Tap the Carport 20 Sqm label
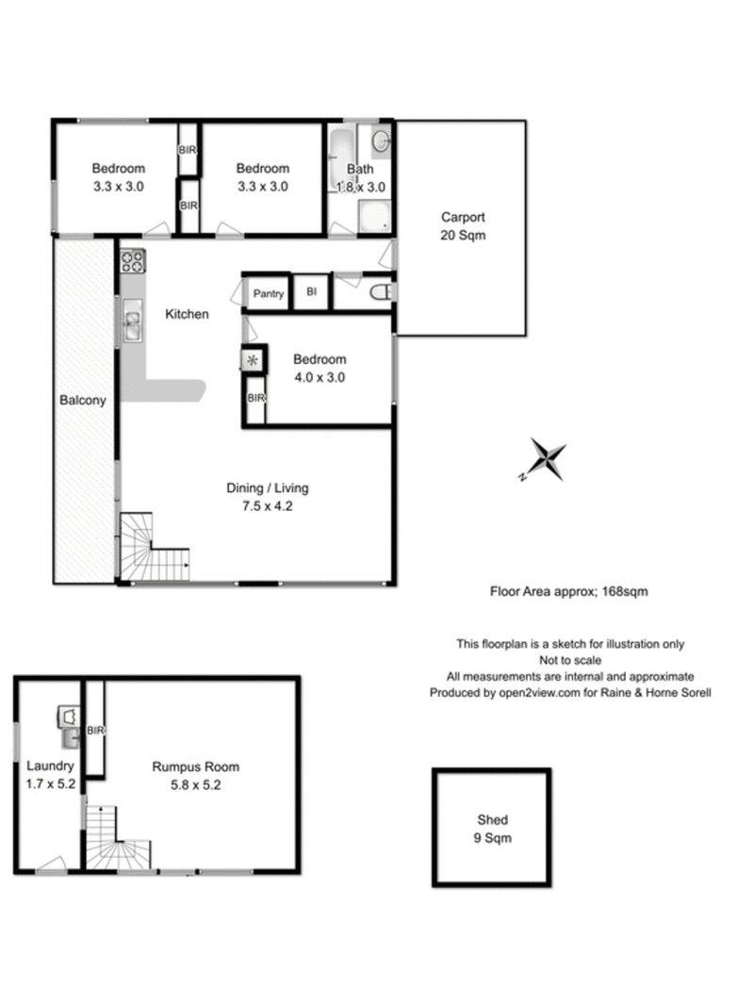[x=462, y=226]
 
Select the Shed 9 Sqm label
[x=491, y=829]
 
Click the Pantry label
[x=268, y=294]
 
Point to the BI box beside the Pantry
[x=311, y=293]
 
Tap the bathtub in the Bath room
[x=340, y=161]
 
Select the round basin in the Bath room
[x=379, y=142]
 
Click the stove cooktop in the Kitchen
[x=131, y=261]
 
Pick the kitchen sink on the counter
[x=131, y=325]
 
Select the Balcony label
[x=83, y=400]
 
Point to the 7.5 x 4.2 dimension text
[x=267, y=505]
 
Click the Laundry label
[x=50, y=767]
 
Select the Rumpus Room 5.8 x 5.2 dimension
[x=187, y=783]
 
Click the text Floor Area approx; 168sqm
[x=568, y=592]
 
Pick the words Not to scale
[x=570, y=660]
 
